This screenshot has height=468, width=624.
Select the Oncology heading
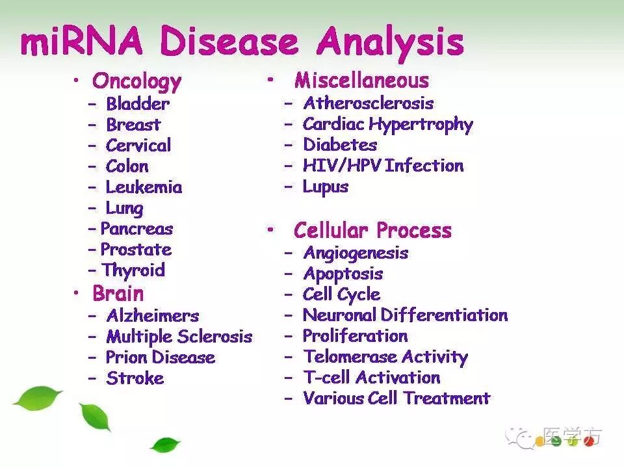pos(137,82)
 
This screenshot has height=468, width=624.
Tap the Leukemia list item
pos(144,187)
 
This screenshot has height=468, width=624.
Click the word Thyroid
pos(133,270)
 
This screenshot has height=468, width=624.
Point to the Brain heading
pos(118,294)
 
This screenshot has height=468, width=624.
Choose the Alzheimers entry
pos(153,316)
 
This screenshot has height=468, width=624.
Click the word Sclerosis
pos(215,336)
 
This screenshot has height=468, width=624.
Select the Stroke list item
pos(135,378)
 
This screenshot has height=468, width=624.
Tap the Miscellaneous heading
pos(362,81)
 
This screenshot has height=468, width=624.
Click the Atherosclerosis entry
pos(369,103)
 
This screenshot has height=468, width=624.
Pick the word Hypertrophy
pos(421,125)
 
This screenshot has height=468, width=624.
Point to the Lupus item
pos(326,187)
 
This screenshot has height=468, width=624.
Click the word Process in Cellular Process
pos(414,230)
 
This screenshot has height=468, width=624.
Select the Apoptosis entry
pos(343,274)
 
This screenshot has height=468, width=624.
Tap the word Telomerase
pos(350,357)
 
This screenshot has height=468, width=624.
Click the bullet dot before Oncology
pos(76,81)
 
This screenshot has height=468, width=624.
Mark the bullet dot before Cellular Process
pos(270,229)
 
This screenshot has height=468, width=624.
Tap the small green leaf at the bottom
pos(165,445)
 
